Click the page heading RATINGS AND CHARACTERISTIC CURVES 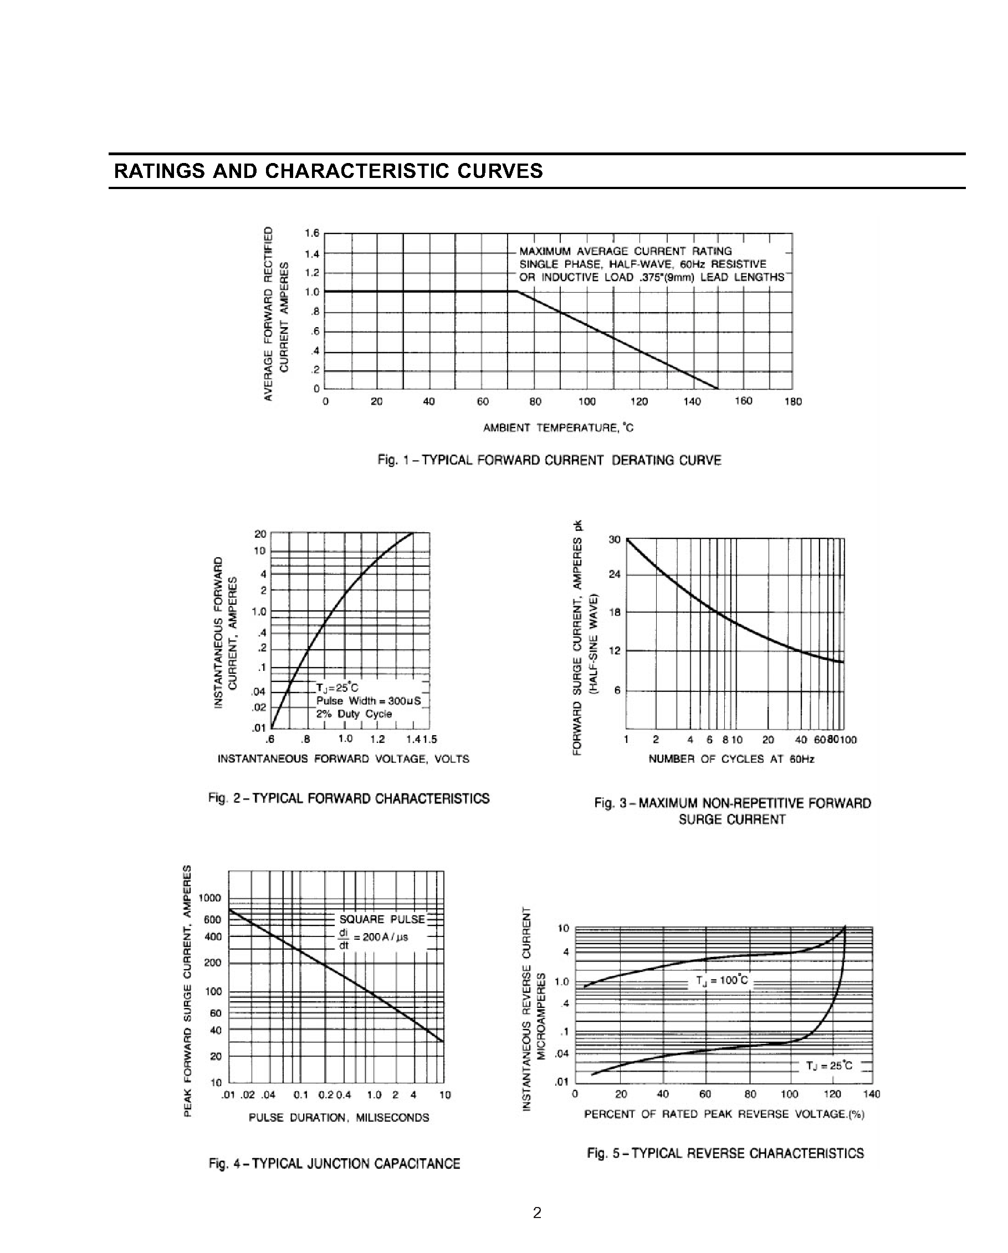pos(328,171)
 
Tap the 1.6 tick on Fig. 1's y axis pos(312,233)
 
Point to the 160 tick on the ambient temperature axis pos(743,401)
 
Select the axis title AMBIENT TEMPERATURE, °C pos(559,429)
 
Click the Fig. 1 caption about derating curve pos(549,460)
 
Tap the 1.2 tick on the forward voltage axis pos(377,739)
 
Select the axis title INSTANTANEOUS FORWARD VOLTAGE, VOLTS pos(344,759)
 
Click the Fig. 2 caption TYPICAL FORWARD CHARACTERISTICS pos(349,798)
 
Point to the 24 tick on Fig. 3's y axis pos(615,574)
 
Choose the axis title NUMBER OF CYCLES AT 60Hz pos(731,759)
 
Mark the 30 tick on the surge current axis pos(615,539)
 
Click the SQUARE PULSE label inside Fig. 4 pos(382,919)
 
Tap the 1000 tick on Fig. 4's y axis pos(209,898)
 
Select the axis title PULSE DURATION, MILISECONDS pos(339,1118)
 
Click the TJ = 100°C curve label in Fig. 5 pos(722,981)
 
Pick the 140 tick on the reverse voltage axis pos(872,1094)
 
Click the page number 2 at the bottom pos(537,1213)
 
